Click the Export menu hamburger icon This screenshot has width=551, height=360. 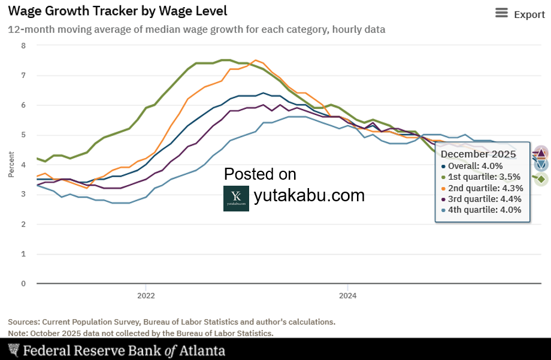[x=501, y=14]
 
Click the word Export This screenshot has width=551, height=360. [x=529, y=14]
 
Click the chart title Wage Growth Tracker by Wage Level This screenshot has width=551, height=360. [x=117, y=11]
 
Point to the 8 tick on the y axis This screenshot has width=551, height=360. [x=23, y=46]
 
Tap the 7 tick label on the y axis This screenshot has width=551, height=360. [x=23, y=75]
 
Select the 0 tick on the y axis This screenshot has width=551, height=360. [x=23, y=283]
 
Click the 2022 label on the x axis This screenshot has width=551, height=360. [x=146, y=295]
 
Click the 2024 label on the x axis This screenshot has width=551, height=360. [x=348, y=295]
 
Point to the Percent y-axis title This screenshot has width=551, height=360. [x=11, y=165]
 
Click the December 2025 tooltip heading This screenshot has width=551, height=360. [x=478, y=154]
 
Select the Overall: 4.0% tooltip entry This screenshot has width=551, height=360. [x=476, y=166]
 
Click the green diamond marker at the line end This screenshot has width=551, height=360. [x=541, y=179]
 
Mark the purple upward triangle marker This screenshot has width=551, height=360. [x=541, y=153]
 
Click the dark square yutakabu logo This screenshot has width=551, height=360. [x=236, y=198]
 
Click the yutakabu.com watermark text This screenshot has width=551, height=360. [x=309, y=195]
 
